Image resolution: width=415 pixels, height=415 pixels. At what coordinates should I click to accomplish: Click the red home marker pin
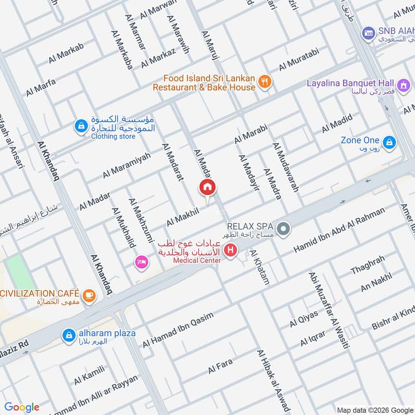tap(208, 188)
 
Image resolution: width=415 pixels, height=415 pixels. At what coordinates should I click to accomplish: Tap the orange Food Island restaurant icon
tap(265, 81)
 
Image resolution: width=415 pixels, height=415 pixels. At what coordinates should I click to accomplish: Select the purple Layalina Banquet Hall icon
tap(403, 84)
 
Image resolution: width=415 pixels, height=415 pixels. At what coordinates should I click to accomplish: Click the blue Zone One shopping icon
tap(389, 142)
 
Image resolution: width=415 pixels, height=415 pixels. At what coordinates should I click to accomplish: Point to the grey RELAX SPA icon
tap(283, 228)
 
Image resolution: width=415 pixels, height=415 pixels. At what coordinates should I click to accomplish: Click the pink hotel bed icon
tap(140, 262)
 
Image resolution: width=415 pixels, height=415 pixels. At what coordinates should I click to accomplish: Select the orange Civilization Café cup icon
tap(90, 295)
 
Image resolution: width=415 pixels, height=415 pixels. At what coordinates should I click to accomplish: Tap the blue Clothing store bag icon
tap(80, 126)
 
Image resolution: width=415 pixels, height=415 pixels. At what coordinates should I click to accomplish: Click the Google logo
tap(22, 407)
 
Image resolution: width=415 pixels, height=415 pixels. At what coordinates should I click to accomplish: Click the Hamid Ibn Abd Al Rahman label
tap(339, 230)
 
